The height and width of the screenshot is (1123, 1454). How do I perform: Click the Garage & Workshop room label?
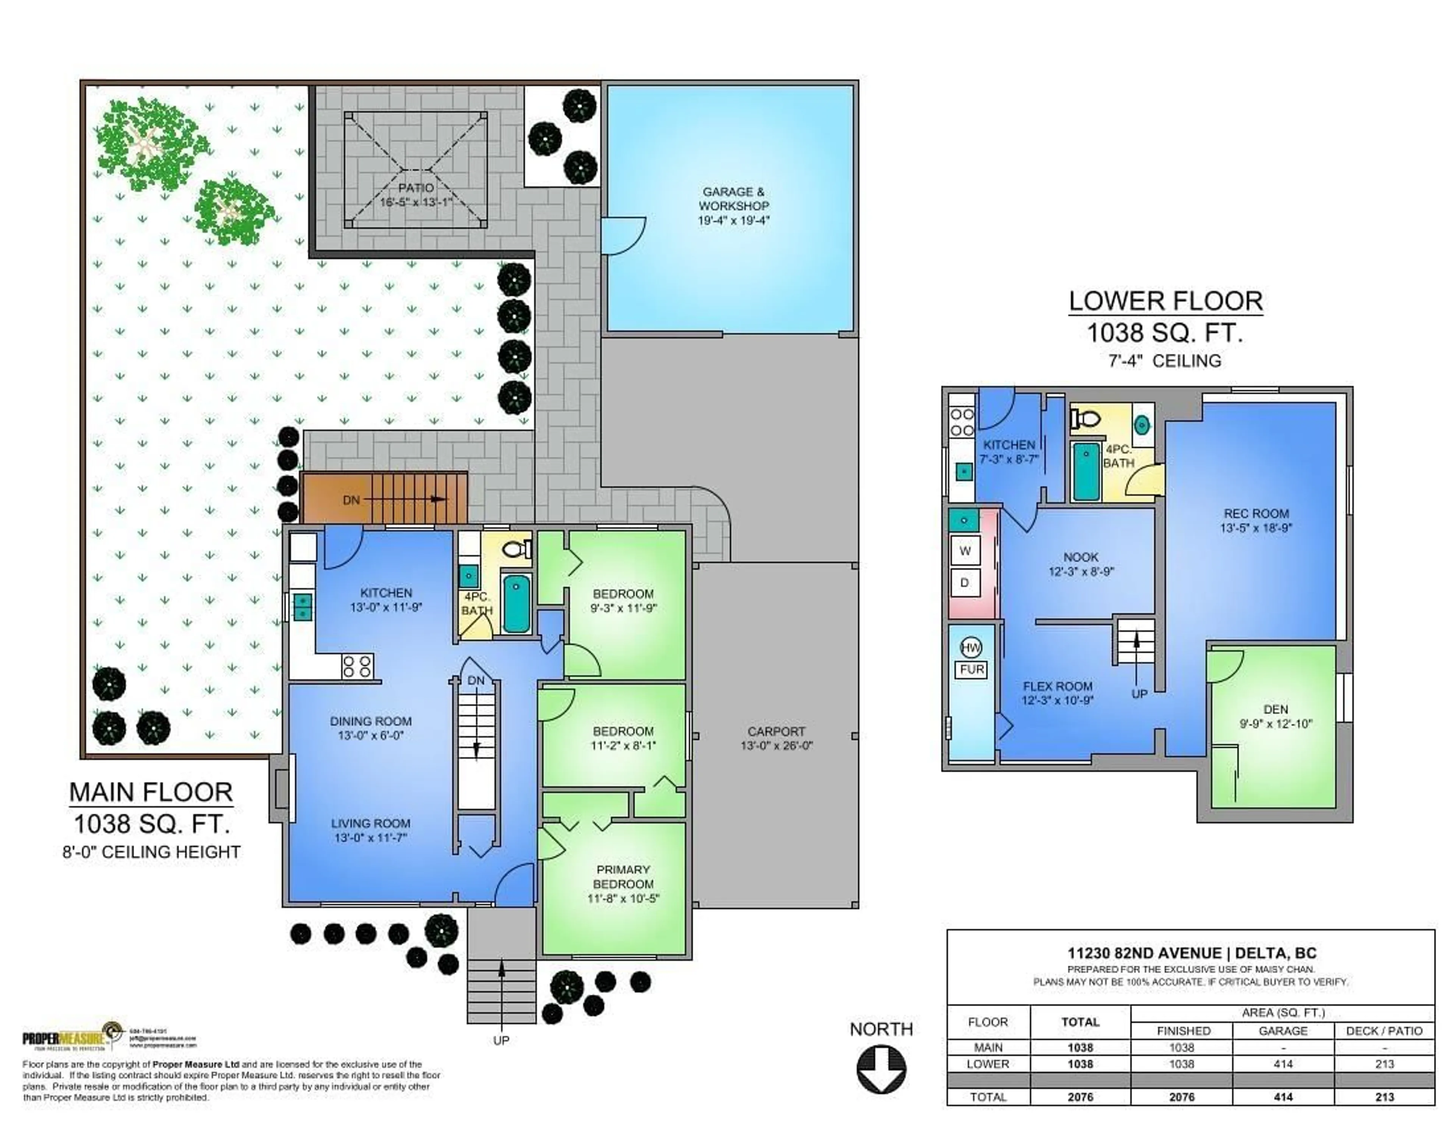733,198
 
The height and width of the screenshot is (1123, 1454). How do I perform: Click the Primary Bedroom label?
623,877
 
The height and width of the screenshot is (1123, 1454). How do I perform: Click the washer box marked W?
965,550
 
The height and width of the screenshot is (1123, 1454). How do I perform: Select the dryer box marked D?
965,583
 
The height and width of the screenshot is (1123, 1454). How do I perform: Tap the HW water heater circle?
971,647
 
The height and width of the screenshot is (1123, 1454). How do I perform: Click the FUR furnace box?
972,670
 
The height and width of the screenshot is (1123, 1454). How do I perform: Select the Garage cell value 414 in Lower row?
1283,1064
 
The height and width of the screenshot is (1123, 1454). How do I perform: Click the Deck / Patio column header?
1384,1031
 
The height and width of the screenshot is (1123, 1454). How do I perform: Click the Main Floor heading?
151,792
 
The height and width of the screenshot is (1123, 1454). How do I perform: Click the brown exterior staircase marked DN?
384,498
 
